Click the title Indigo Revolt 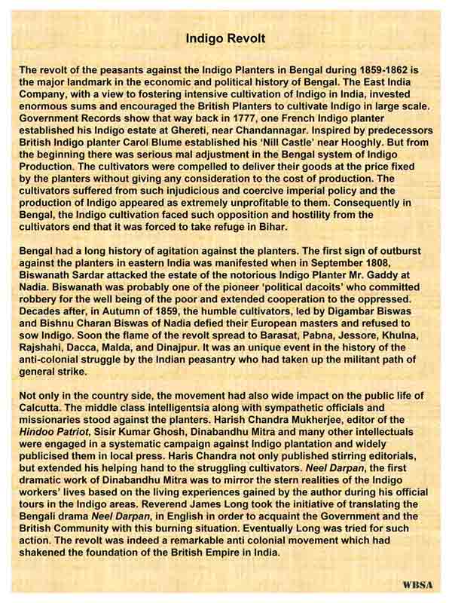click(225, 36)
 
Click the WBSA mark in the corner click(415, 585)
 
